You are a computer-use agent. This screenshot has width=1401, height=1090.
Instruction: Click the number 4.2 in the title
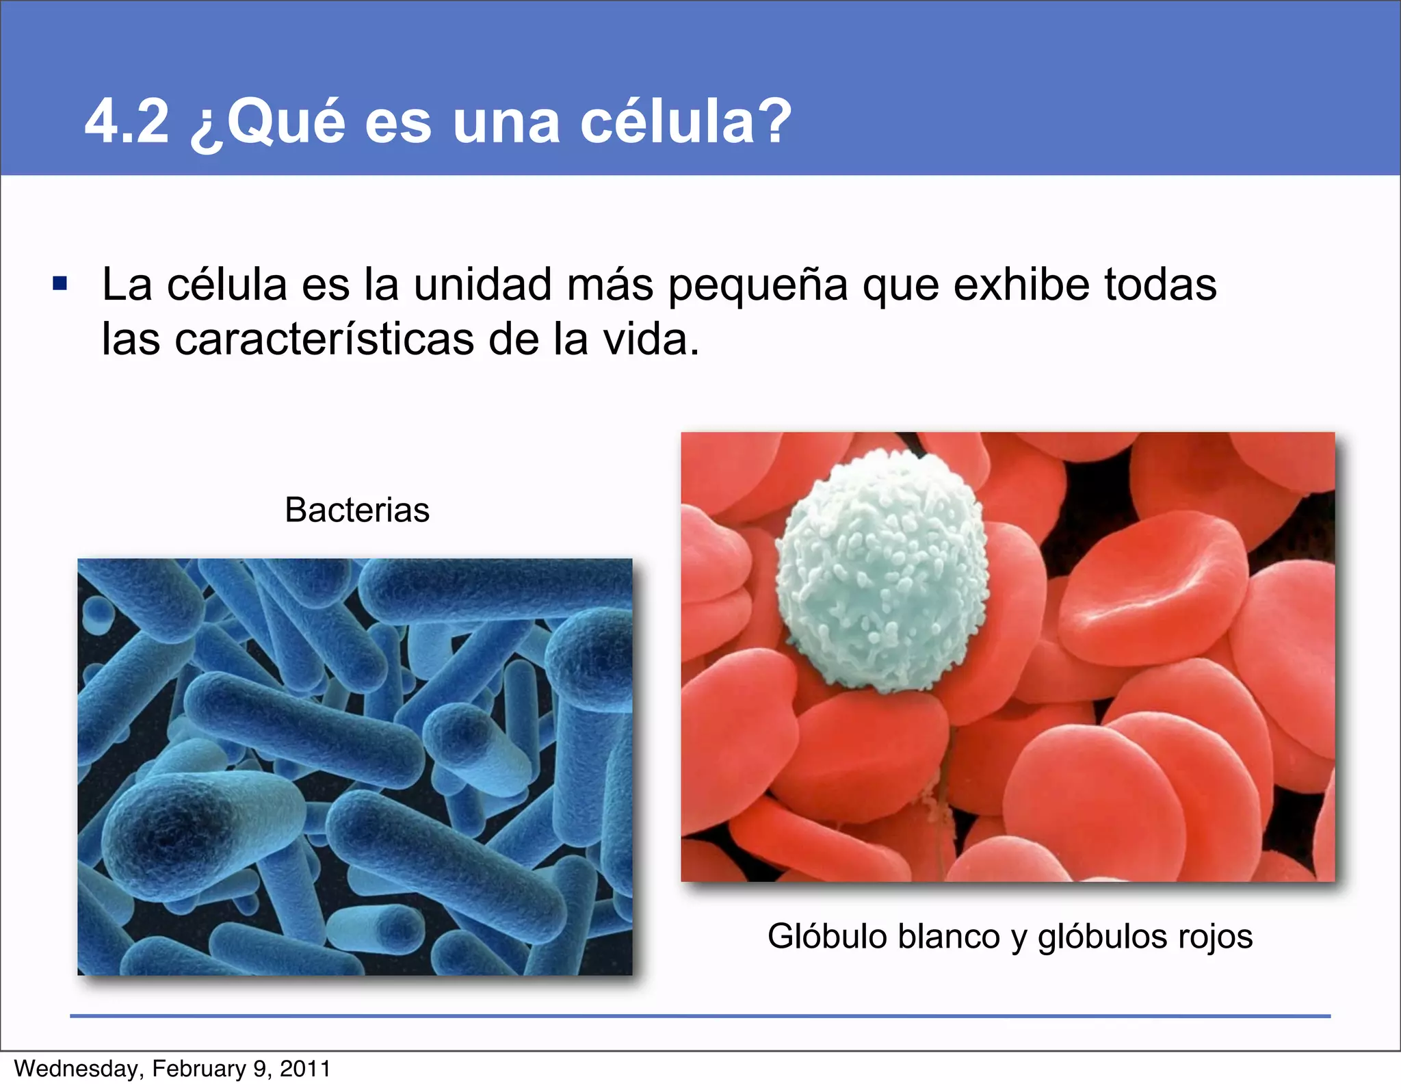[x=127, y=121]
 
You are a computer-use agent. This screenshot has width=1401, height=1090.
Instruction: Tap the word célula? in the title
[x=685, y=121]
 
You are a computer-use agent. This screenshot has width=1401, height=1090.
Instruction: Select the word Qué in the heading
[x=286, y=121]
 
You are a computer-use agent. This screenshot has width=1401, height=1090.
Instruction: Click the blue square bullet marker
[x=60, y=283]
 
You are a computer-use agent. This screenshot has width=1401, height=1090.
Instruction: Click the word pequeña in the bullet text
[x=757, y=285]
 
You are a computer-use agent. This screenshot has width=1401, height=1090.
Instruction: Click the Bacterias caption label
[x=357, y=510]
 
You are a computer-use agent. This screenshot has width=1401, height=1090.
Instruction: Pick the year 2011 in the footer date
[x=305, y=1069]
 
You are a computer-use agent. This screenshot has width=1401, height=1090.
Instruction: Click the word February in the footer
[x=199, y=1069]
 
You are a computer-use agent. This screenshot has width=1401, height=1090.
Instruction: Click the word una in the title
[x=506, y=121]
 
